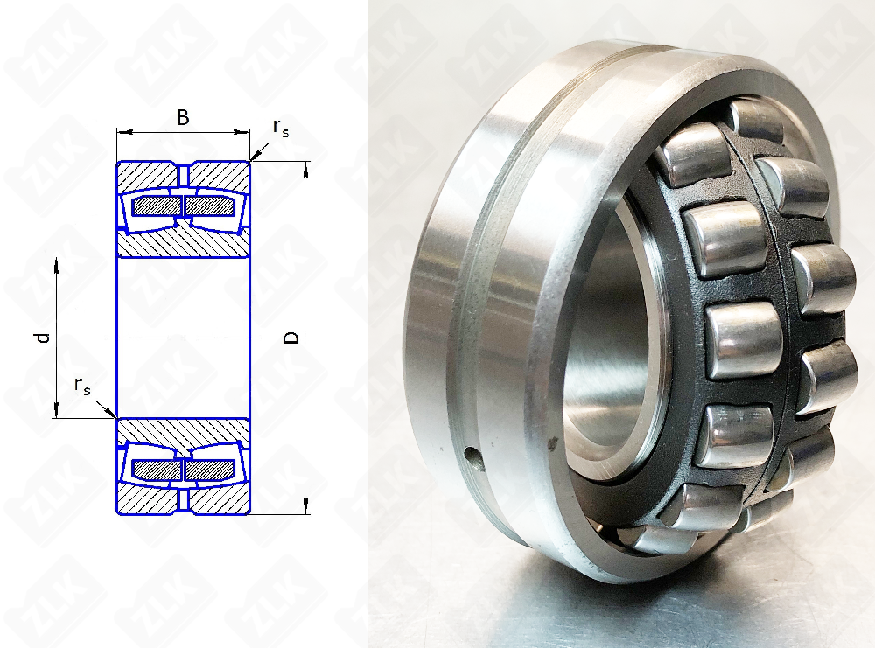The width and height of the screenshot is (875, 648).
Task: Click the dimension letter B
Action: tap(183, 118)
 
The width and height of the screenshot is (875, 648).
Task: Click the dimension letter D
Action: tap(291, 338)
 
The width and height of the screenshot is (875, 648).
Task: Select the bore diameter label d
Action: tap(44, 338)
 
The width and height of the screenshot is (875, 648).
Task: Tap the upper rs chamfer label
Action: tap(281, 128)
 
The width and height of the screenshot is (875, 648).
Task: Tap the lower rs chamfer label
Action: tap(82, 386)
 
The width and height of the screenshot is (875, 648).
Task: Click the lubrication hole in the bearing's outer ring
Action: tap(473, 458)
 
